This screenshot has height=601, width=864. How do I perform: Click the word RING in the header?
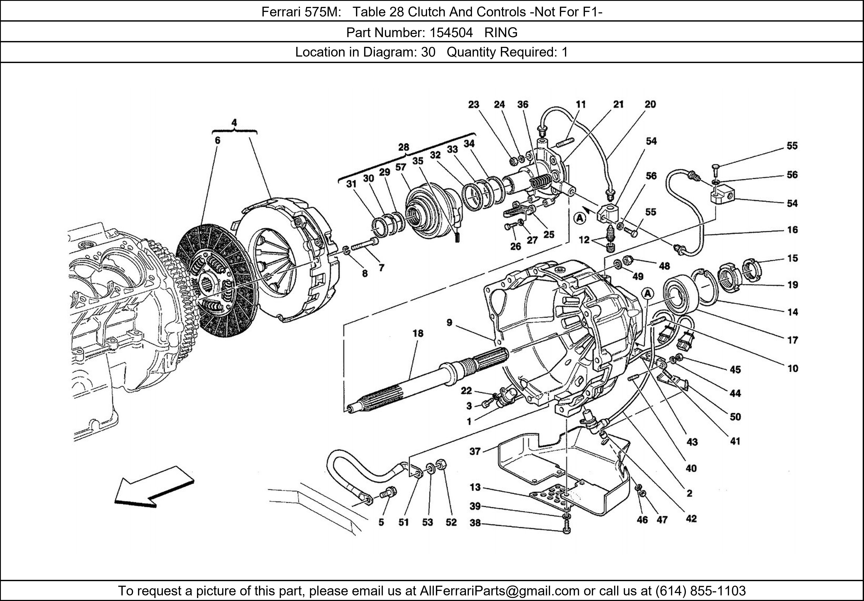tap(501, 33)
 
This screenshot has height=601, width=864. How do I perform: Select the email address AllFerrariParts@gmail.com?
tap(499, 591)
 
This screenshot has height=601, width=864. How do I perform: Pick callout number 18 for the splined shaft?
tap(418, 333)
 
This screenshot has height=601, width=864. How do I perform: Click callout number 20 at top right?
tap(650, 104)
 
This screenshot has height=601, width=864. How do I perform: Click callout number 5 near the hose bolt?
tap(381, 522)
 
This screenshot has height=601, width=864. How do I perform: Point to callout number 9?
tap(449, 322)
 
